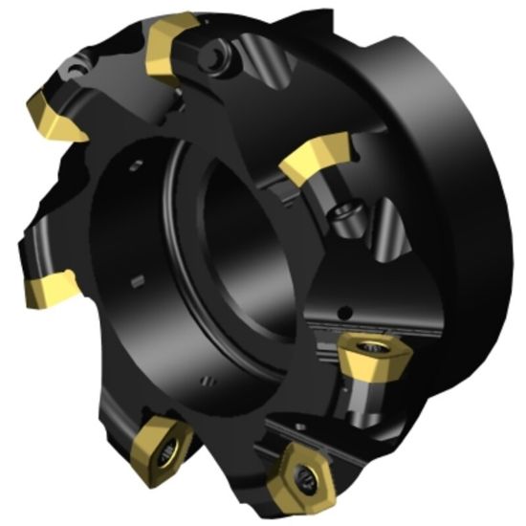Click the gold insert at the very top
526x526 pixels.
coord(171,39)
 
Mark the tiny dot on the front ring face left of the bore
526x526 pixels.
coord(138,279)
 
